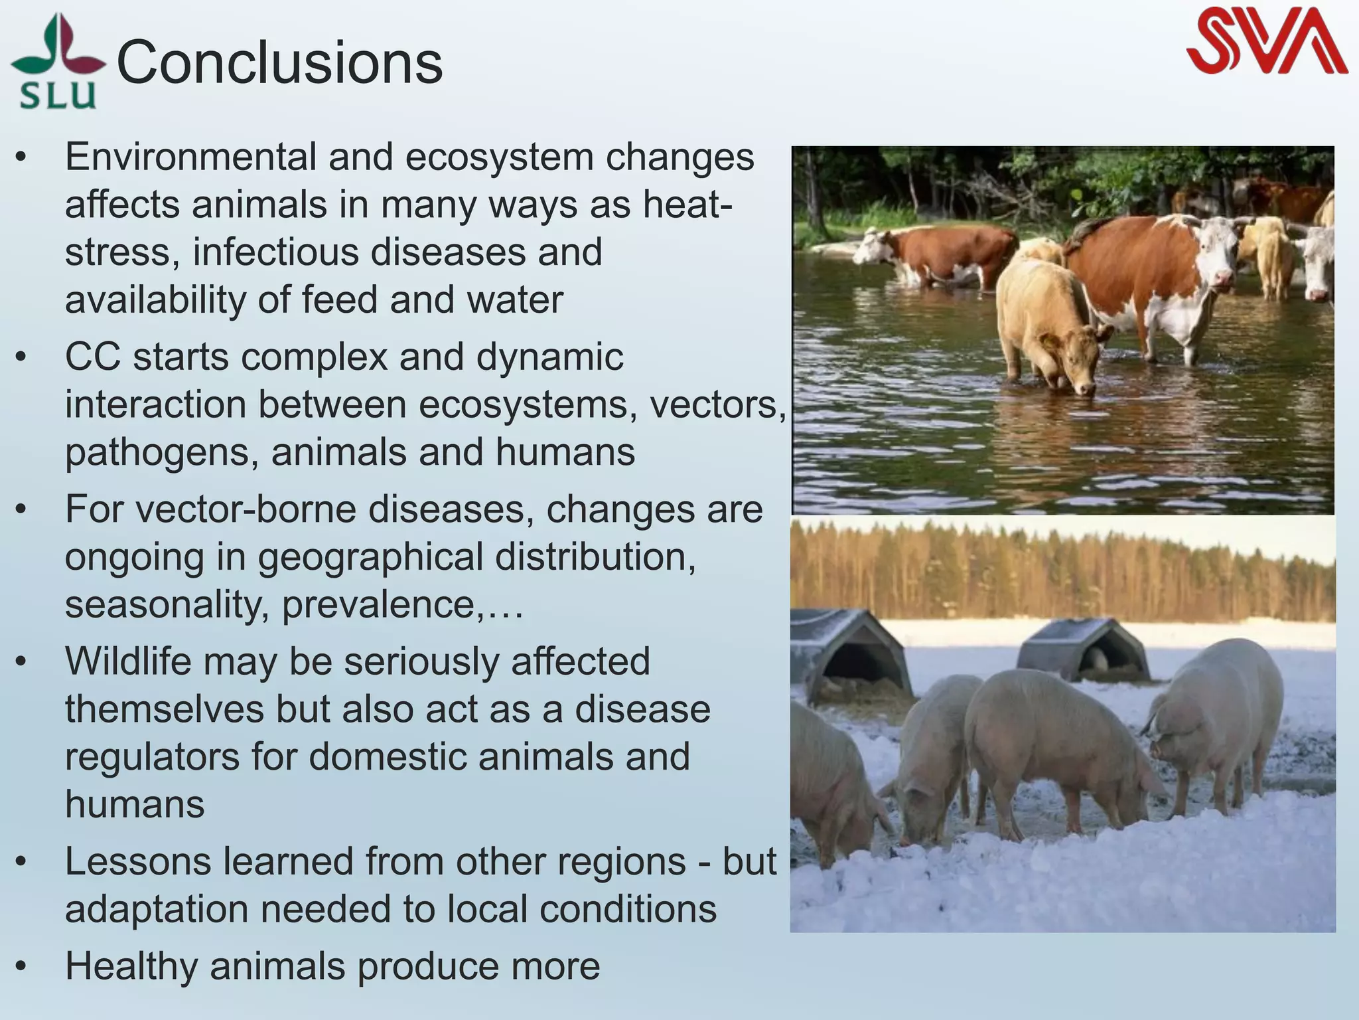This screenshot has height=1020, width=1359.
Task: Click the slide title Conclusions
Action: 279,63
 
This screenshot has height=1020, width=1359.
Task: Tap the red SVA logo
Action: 1266,41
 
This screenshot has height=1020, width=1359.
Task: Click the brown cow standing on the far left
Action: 942,252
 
